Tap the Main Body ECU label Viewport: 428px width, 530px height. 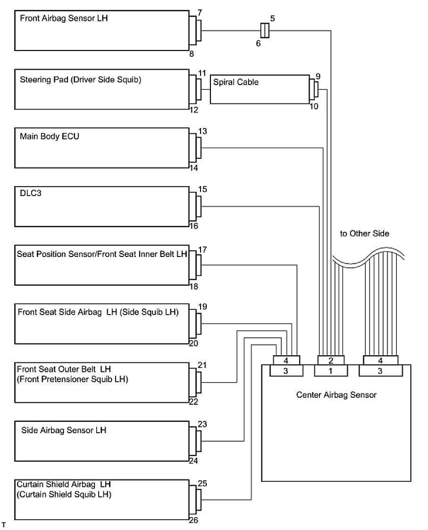click(44, 137)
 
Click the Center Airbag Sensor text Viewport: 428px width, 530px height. click(336, 395)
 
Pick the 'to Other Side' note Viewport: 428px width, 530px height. click(365, 234)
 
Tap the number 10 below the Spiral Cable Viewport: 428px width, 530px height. click(314, 106)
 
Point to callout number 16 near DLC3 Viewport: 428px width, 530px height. click(193, 226)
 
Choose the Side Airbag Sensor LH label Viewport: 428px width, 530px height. click(64, 430)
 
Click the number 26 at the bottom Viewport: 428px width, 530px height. click(193, 521)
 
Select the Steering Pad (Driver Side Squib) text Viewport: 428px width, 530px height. click(81, 80)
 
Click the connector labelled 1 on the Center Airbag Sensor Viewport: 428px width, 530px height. click(330, 371)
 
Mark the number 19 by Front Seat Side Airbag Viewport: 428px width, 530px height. click(202, 307)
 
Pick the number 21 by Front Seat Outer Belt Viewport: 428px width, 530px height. click(202, 365)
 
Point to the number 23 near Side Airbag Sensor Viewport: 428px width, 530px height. click(202, 424)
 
